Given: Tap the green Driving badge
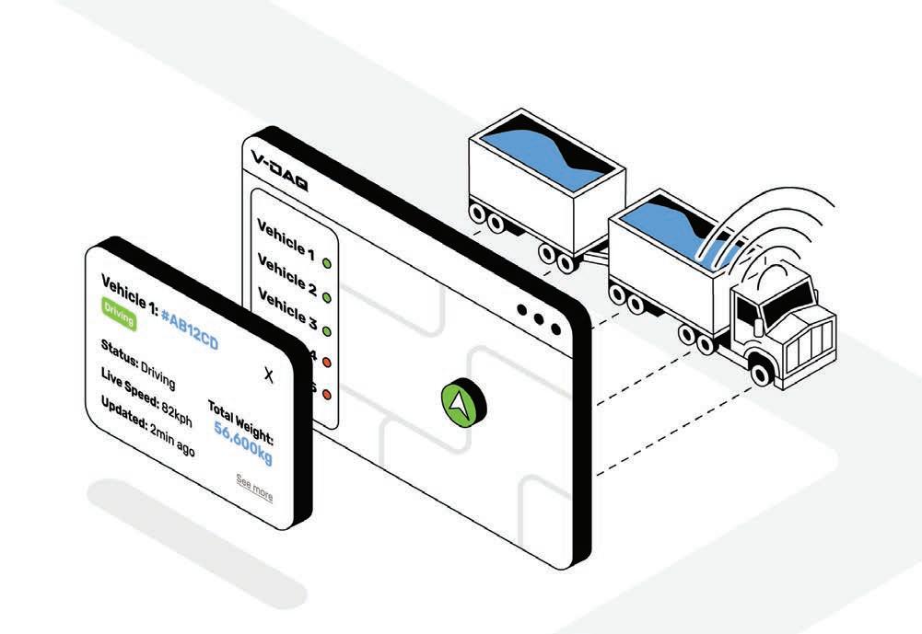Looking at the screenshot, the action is [120, 313].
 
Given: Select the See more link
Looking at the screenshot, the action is [254, 488].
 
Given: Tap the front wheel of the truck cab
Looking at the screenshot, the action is [760, 370].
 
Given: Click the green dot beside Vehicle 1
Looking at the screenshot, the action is [326, 263].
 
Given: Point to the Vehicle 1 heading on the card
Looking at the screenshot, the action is [130, 286].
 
